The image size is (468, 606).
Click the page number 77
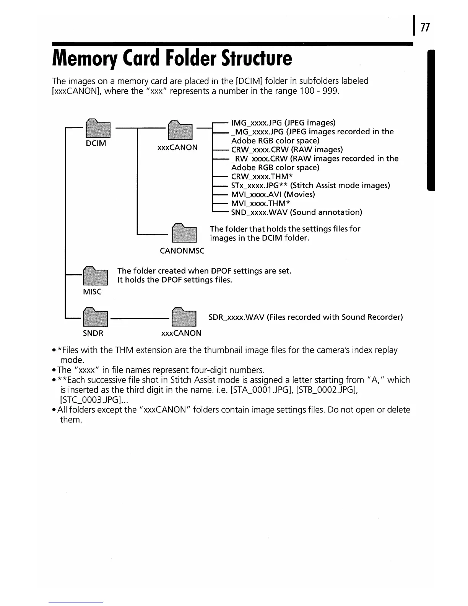425,28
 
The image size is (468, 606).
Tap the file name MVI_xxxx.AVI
256,194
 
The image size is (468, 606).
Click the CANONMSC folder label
182,251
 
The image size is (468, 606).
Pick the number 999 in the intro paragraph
331,91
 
